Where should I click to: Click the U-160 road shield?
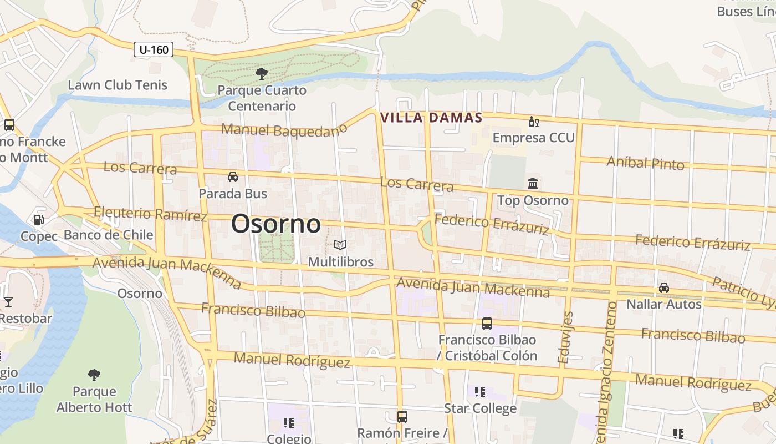coord(154,49)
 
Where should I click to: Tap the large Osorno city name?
coord(275,224)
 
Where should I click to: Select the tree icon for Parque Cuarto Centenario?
coord(261,73)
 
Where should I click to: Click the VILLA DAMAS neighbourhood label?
coord(431,118)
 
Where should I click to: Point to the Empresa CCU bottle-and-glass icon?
coord(533,122)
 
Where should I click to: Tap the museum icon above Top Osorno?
coord(533,183)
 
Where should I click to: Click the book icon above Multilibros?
coord(340,245)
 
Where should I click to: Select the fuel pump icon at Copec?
coord(38,220)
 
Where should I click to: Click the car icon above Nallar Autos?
coord(663,287)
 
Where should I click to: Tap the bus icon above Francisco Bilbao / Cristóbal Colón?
coord(487,323)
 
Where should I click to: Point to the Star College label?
coord(480,408)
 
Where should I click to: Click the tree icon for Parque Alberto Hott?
coord(94,375)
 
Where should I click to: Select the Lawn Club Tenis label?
coord(118,85)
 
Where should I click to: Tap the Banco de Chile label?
coord(108,235)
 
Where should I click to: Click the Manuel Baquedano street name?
coord(284,130)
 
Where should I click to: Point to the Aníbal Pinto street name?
coord(645,163)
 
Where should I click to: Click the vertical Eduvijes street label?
coord(566,337)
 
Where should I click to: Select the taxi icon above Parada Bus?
coord(233,177)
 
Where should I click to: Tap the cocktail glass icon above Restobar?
coord(8,302)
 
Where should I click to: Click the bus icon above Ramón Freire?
coord(402,416)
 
